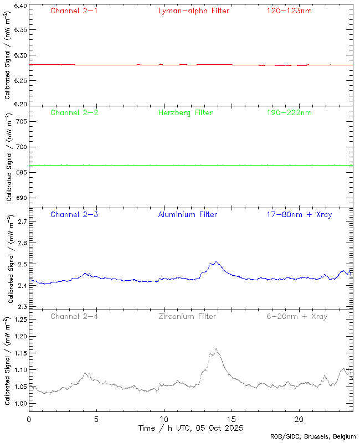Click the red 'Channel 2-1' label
(x=74, y=11)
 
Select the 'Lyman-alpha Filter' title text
(x=193, y=11)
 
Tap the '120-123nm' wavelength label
(x=289, y=11)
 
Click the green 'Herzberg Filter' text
(x=185, y=113)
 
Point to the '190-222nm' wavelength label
(x=289, y=113)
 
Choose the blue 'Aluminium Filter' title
(x=187, y=215)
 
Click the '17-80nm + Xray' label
(x=299, y=215)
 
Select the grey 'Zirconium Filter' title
(x=187, y=317)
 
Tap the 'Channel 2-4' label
(x=74, y=317)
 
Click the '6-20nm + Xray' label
(x=296, y=317)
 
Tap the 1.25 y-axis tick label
(x=19, y=320)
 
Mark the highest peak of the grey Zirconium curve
(x=216, y=349)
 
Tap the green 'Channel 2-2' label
(x=74, y=113)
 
